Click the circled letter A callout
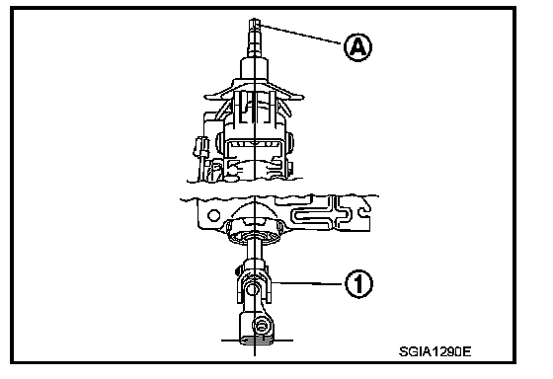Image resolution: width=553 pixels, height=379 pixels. (x=357, y=47)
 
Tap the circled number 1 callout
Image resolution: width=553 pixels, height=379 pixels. (x=358, y=284)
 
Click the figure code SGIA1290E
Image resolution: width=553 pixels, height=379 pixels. (x=434, y=351)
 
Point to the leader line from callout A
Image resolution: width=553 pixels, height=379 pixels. (x=301, y=34)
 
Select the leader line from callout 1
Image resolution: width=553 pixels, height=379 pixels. (x=308, y=282)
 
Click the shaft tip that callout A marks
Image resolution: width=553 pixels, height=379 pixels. (x=255, y=24)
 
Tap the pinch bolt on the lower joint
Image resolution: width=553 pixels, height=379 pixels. (x=261, y=326)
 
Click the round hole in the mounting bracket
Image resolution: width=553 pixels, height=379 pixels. (x=213, y=215)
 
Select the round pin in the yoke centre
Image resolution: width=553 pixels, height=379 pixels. (x=253, y=290)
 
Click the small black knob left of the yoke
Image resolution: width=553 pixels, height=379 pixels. (x=238, y=270)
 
